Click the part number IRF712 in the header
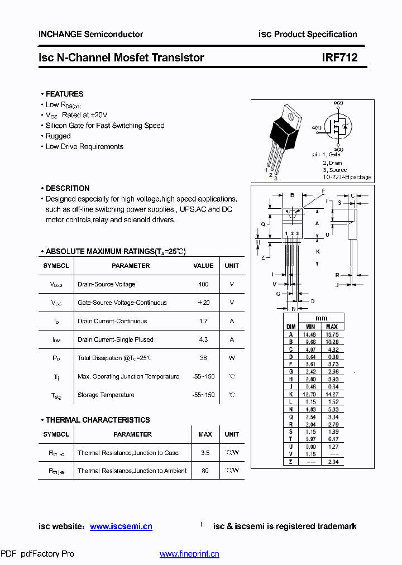(x=339, y=58)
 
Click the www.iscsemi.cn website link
(x=121, y=526)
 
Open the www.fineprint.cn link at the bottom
(x=189, y=554)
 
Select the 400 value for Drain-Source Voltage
(x=203, y=284)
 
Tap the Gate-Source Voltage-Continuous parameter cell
(x=122, y=303)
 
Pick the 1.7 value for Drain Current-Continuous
(x=203, y=321)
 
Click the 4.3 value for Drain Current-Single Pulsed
(x=203, y=339)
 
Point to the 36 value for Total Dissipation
(x=203, y=358)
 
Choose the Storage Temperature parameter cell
(x=106, y=395)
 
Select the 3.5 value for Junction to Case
(x=205, y=453)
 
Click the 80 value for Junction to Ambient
(x=205, y=471)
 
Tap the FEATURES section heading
(x=64, y=94)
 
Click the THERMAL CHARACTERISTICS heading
(x=98, y=420)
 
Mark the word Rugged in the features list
(x=58, y=136)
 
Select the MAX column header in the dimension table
(x=332, y=327)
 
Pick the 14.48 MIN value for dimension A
(x=309, y=334)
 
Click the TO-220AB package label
(x=347, y=177)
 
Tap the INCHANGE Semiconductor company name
(x=90, y=34)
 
